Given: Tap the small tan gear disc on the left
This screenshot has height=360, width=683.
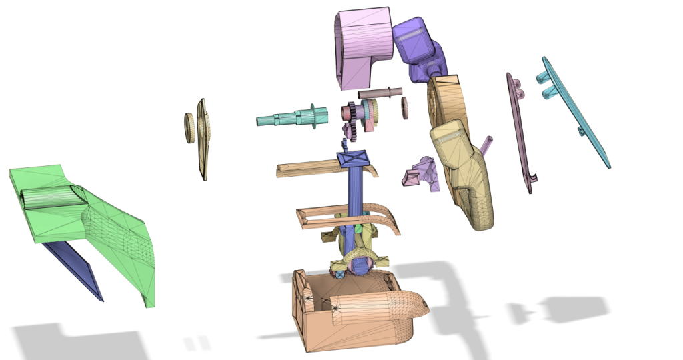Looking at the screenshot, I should pos(189,128).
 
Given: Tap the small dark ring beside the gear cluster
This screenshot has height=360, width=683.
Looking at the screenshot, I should pos(404,108).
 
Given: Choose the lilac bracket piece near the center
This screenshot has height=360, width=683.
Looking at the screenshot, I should pos(422,173).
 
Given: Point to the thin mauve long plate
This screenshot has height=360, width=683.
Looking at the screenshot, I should pos(520,133).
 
